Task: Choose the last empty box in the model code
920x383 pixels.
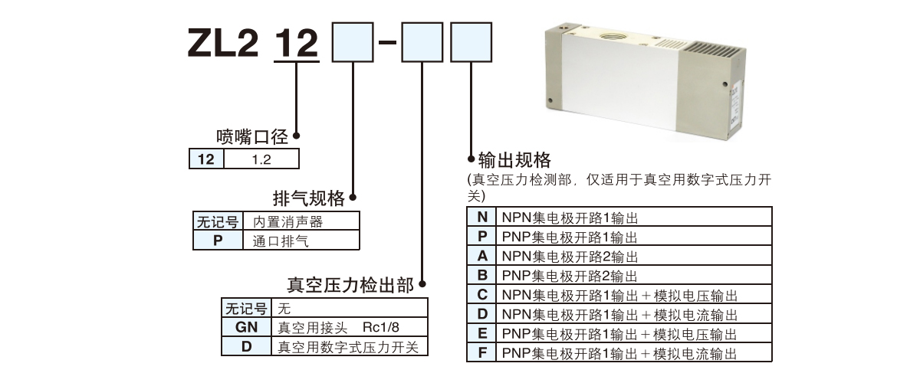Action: pyautogui.click(x=470, y=42)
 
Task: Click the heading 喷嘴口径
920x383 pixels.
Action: pyautogui.click(x=251, y=137)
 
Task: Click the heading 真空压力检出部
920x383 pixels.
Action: pyautogui.click(x=350, y=286)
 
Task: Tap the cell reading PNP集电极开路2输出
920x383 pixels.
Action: pyautogui.click(x=570, y=275)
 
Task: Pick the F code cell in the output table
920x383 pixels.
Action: pyautogui.click(x=481, y=353)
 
